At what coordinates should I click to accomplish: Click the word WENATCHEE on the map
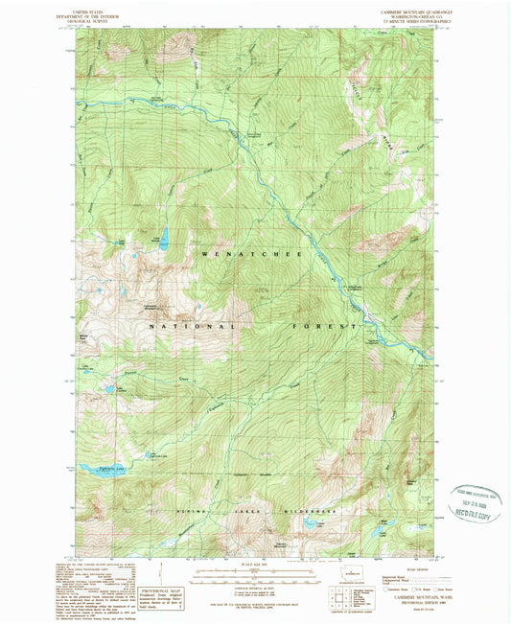[x=250, y=255]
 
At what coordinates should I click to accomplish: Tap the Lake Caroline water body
[x=109, y=390]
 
